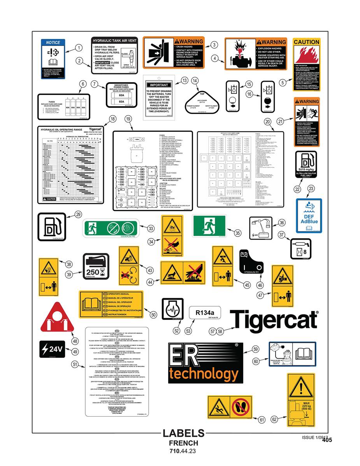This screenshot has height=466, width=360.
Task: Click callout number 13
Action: coord(184,80)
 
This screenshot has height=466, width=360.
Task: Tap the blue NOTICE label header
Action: coord(53,43)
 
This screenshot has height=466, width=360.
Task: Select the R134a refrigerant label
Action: coord(202,312)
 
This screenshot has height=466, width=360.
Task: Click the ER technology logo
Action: coord(205,363)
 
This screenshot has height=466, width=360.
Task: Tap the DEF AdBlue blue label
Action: coord(309,215)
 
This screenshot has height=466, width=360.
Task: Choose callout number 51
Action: coord(75,364)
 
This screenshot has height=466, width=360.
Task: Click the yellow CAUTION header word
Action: coord(306,42)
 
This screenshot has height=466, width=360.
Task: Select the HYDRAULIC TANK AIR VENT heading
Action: coord(114,40)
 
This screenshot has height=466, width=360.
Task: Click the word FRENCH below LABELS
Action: coord(183,443)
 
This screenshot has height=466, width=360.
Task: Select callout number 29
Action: coord(78,214)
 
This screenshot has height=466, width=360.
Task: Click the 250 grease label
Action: coord(95,267)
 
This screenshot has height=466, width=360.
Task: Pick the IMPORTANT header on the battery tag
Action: coord(159,85)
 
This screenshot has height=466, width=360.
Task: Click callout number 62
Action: coord(275,419)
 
